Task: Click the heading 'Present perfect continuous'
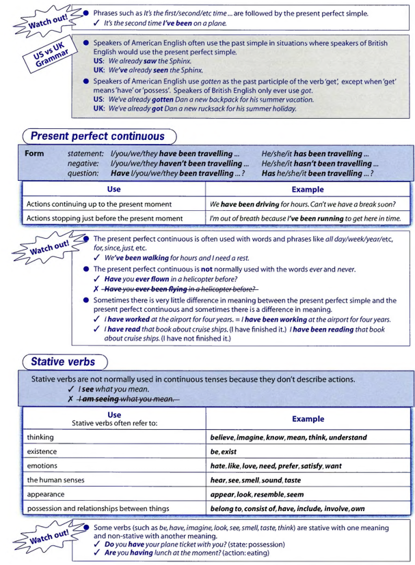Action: click(98, 136)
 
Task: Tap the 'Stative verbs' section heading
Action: click(63, 360)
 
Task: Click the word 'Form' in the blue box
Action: click(34, 154)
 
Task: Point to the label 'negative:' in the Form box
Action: click(85, 164)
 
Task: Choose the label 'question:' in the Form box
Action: click(85, 173)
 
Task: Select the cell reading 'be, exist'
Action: click(224, 452)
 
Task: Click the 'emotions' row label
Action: click(42, 465)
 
